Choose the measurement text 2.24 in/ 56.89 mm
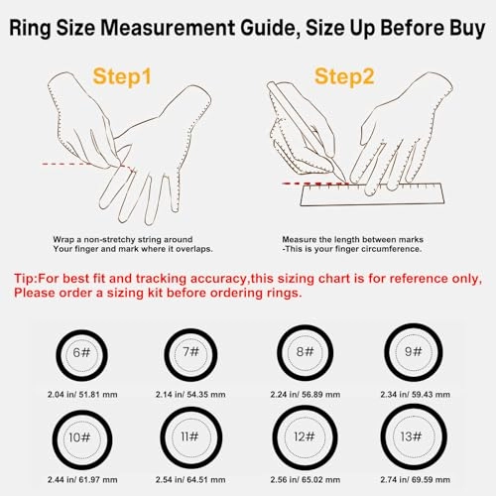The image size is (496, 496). pyautogui.click(x=302, y=395)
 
